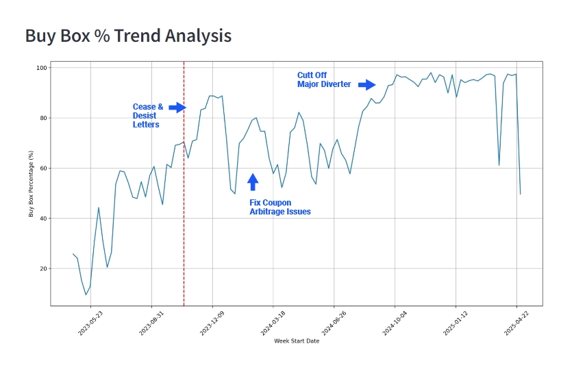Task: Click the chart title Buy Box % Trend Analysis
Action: pos(128,36)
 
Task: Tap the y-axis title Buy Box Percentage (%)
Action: pos(32,184)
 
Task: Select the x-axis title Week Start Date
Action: pos(296,341)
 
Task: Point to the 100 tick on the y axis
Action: pos(40,68)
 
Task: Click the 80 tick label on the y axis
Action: pos(42,118)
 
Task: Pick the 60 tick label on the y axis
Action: pos(42,168)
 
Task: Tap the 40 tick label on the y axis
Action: pos(42,219)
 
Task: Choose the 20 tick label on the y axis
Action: pos(42,269)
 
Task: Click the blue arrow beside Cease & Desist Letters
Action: pos(177,108)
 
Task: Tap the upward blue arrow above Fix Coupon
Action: pos(253,182)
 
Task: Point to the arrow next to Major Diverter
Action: pos(367,84)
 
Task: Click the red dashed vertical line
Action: pos(184,206)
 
